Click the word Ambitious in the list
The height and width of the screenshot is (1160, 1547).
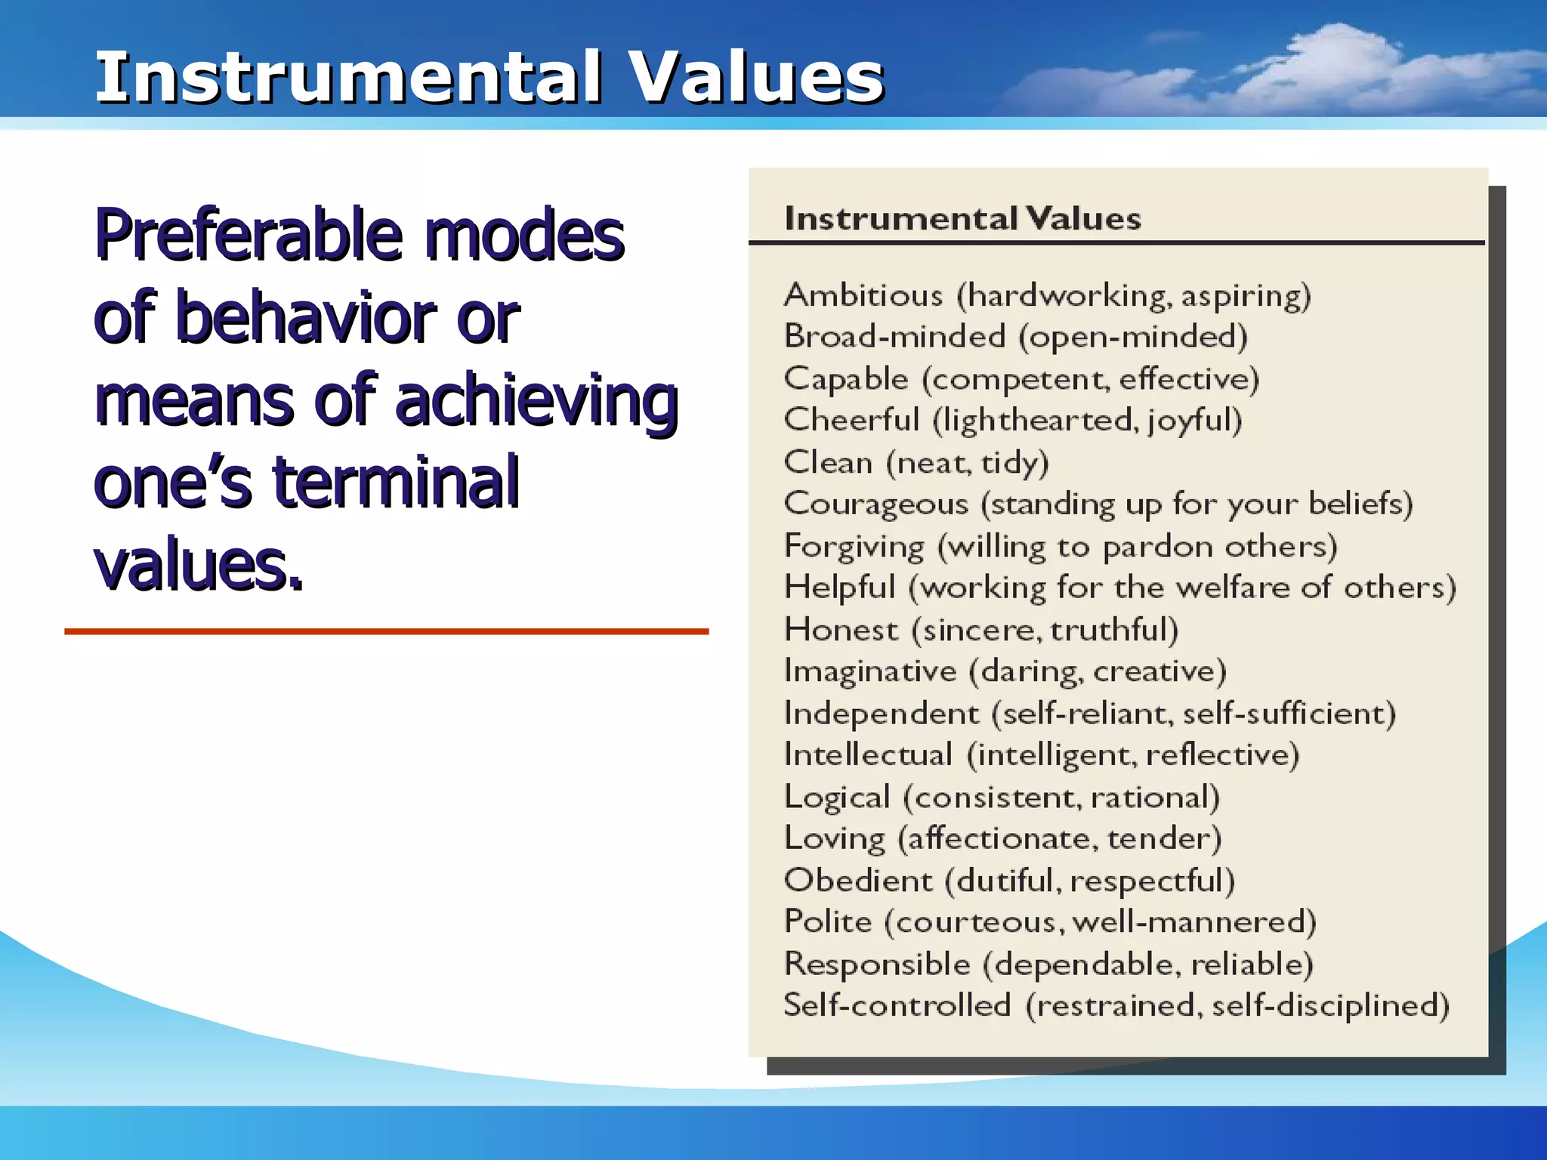point(863,295)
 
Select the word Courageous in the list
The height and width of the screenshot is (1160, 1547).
point(876,504)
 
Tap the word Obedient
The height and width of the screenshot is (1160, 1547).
point(859,881)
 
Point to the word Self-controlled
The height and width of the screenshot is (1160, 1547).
point(897,1006)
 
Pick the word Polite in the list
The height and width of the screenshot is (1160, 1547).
point(829,922)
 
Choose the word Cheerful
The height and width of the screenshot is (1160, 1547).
point(852,421)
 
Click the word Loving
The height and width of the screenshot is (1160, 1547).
point(835,839)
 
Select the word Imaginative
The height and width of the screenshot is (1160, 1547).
point(870,671)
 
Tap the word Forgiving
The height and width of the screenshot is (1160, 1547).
point(854,547)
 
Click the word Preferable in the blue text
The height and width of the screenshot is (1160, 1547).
point(247,236)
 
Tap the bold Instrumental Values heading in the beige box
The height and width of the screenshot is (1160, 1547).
point(962,219)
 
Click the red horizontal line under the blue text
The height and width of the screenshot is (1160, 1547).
point(386,631)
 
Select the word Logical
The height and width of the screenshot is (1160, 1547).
point(837,797)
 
